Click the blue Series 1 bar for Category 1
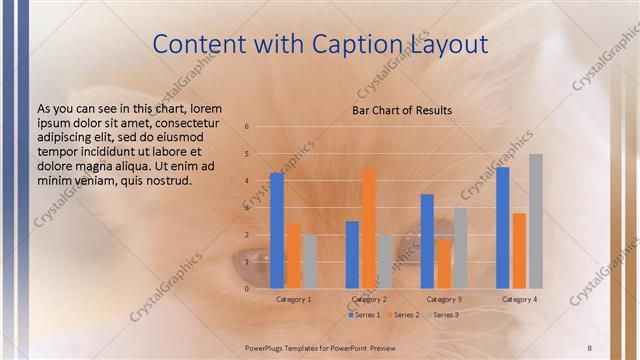(277, 230)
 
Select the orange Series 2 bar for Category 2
(368, 229)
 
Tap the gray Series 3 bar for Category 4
(536, 221)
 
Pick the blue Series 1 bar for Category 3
(427, 241)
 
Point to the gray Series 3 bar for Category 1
(309, 261)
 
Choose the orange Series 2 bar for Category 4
(519, 250)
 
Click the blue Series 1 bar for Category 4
(503, 227)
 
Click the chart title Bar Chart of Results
(402, 110)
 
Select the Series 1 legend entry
(365, 315)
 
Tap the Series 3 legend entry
(443, 315)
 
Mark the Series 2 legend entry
(404, 315)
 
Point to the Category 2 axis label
(369, 299)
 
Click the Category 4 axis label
(519, 299)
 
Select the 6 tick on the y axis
(247, 127)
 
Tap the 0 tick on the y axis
(247, 288)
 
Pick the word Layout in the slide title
(449, 44)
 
